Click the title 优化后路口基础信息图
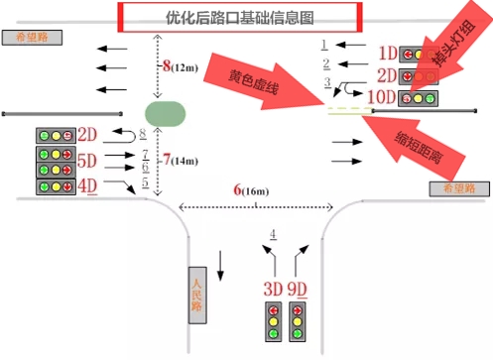pyautogui.click(x=237, y=17)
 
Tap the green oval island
pyautogui.click(x=165, y=113)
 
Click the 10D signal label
pyautogui.click(x=382, y=96)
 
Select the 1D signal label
pyautogui.click(x=387, y=52)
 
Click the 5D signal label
pyautogui.click(x=87, y=160)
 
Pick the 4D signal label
pyautogui.click(x=87, y=183)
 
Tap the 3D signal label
pyautogui.click(x=273, y=289)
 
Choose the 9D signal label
pyautogui.click(x=300, y=289)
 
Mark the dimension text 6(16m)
pyautogui.click(x=251, y=189)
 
